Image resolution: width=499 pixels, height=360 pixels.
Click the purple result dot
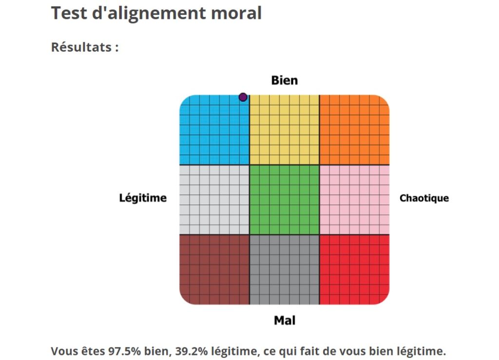tap(243, 97)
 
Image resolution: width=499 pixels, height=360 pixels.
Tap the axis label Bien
tap(284, 80)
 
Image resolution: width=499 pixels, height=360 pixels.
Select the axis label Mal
tap(285, 320)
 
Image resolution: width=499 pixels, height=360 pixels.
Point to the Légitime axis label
tap(143, 198)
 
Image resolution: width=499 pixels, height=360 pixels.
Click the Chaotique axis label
tap(424, 198)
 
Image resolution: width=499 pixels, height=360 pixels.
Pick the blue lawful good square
tap(214, 130)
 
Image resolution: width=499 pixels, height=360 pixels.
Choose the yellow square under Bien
tap(284, 130)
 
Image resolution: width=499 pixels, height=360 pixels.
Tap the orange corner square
tap(354, 130)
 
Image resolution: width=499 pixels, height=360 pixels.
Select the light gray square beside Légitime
tap(214, 200)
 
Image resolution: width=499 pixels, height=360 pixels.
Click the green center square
tap(284, 200)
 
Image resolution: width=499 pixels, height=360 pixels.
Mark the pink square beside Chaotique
tap(354, 200)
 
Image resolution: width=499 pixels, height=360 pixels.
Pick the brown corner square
tap(214, 269)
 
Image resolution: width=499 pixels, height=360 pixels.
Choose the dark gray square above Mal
tap(284, 269)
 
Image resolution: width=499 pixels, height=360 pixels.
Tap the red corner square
tap(354, 269)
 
